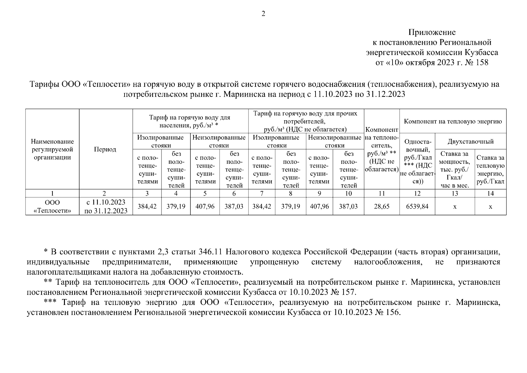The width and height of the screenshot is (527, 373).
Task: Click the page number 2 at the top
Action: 263,14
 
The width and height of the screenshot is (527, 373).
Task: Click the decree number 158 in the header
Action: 482,62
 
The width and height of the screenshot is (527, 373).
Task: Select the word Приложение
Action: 432,32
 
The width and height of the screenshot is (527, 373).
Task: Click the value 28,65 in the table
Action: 381,206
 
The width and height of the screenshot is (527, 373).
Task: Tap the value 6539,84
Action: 417,206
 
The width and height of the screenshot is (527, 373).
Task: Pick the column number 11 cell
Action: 381,193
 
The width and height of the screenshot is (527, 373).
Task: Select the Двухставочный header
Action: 470,142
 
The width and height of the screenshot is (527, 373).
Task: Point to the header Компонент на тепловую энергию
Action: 452,121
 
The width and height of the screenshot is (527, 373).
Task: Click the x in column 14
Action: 490,206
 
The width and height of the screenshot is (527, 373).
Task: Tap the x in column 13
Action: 455,206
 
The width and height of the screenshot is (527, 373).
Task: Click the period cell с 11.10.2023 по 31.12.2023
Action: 106,206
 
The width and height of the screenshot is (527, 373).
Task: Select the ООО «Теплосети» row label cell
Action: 52,206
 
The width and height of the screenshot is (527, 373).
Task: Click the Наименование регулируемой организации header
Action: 52,150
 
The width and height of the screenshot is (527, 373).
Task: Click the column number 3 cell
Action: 147,193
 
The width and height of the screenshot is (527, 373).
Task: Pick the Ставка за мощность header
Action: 455,169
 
